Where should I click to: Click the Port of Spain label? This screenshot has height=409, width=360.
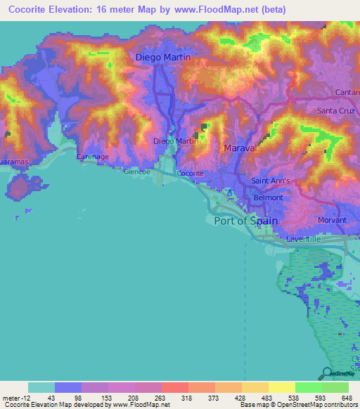coord(245,221)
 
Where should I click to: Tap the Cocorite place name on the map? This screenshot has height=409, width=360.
coord(190,173)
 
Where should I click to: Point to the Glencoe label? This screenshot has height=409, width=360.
coord(137,171)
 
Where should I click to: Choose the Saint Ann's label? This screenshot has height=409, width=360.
coord(271,181)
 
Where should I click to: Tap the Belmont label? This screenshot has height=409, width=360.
coord(268,197)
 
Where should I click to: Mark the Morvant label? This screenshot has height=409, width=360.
coord(332,220)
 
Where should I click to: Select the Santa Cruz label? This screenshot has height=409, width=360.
coord(337,111)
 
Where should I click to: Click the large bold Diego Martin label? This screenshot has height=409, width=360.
coord(162,57)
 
